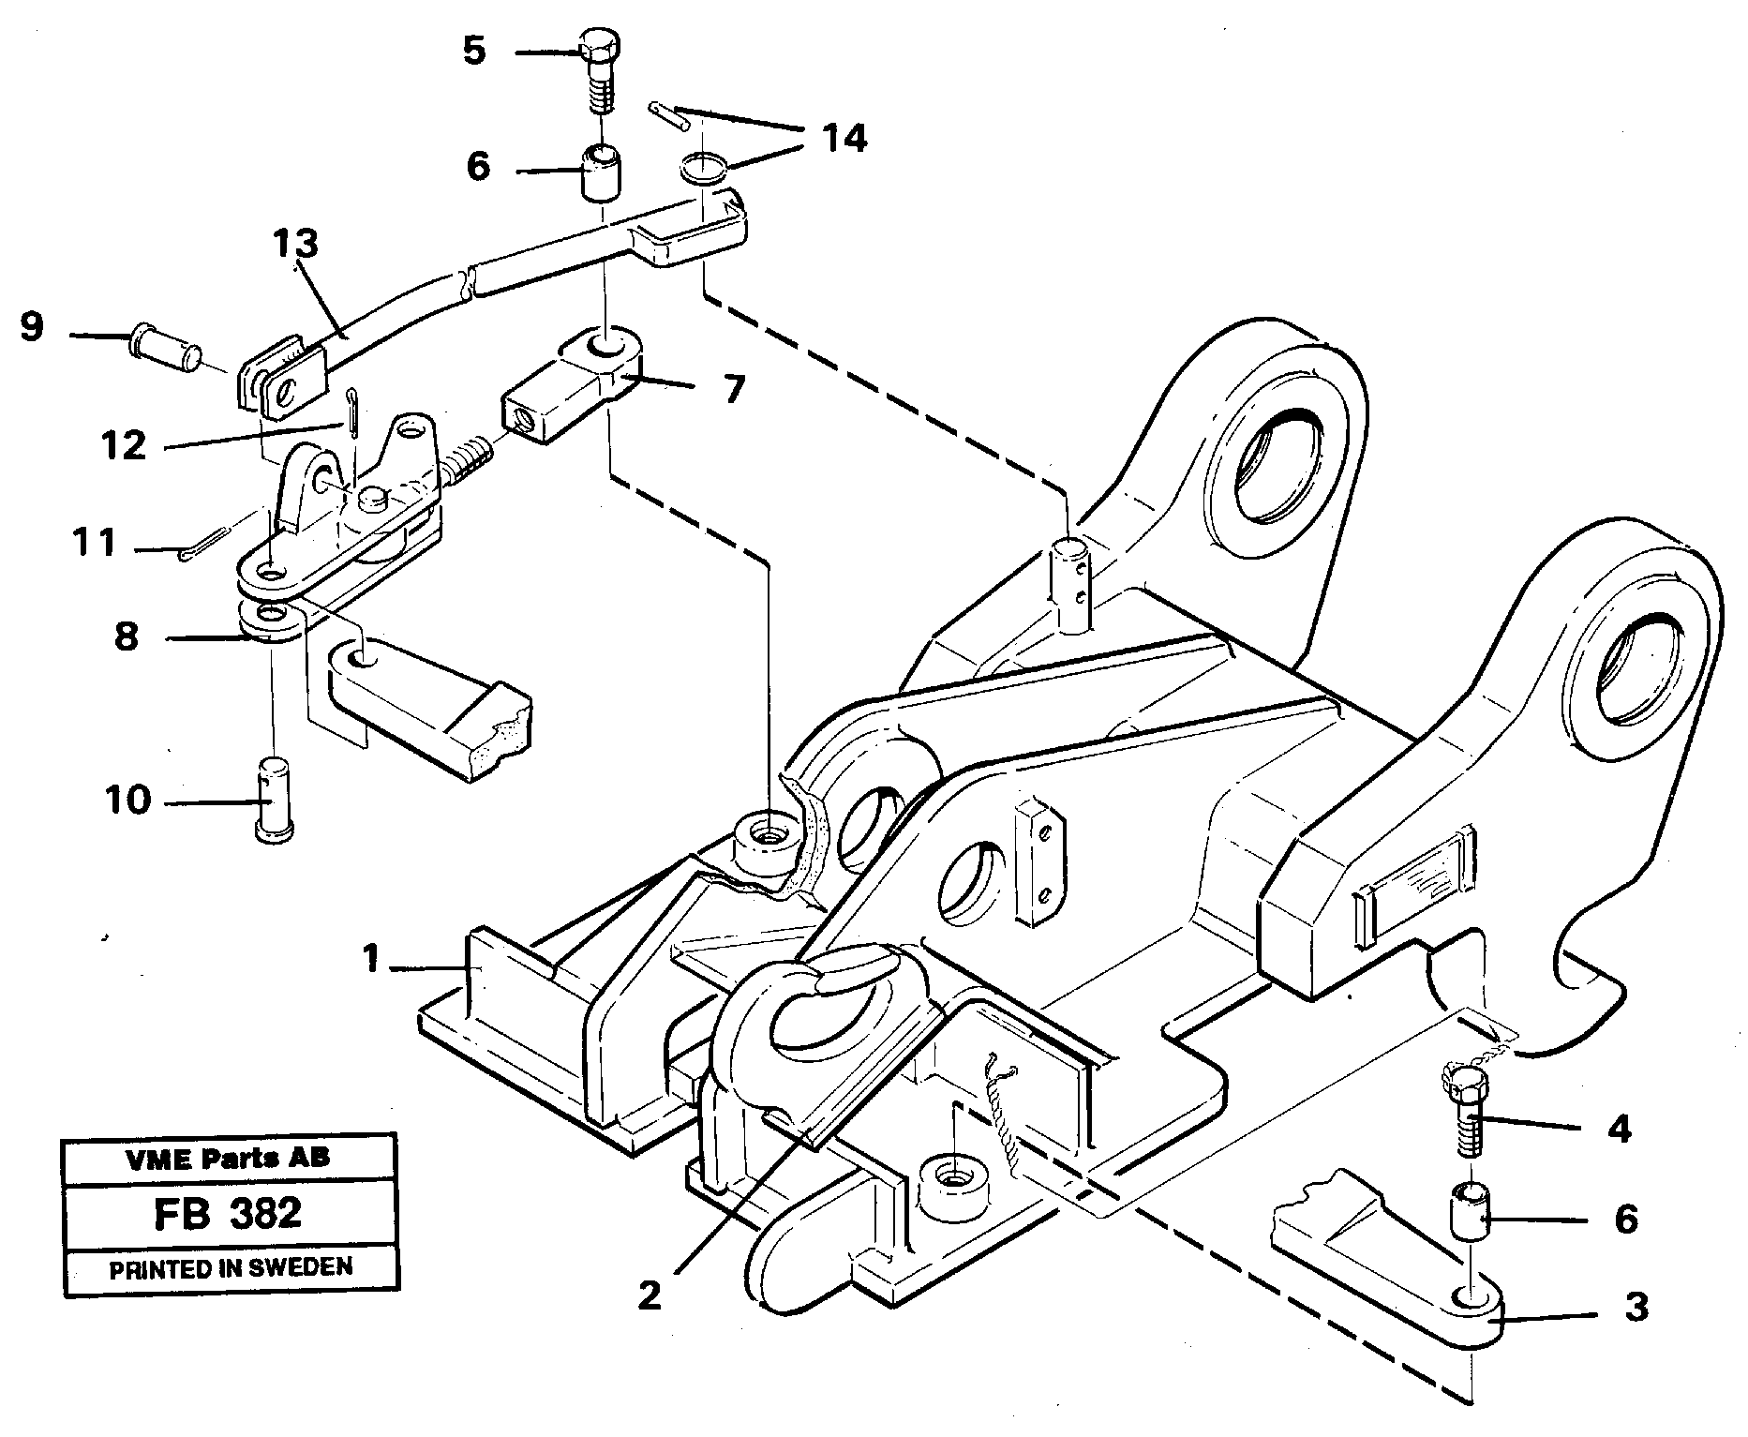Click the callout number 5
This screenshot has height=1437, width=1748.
474,51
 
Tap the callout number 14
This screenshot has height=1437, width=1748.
844,139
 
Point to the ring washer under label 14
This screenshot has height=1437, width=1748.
702,170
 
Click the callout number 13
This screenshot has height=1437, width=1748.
296,244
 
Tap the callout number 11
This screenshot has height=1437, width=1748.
94,542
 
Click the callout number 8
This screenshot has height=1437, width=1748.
127,636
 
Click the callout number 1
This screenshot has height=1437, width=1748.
372,959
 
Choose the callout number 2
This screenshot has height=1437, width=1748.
649,1295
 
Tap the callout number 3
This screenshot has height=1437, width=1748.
1636,1307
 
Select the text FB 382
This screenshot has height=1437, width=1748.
228,1212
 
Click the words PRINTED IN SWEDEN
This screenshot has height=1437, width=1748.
231,1269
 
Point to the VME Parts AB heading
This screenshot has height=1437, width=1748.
228,1159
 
